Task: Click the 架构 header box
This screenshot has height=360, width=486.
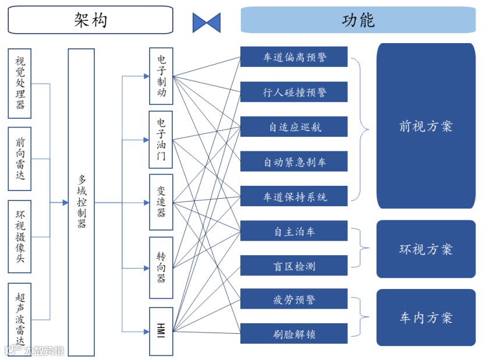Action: (91, 20)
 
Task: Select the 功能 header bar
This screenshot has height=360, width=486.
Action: (358, 20)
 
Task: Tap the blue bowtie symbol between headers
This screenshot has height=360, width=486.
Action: (207, 22)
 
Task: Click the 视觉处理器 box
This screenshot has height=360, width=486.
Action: (20, 83)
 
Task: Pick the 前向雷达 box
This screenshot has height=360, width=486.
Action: (20, 159)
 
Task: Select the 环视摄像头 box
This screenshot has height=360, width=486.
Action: (20, 237)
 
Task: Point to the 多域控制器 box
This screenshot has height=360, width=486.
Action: (81, 203)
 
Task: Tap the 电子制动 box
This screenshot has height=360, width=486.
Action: (161, 76)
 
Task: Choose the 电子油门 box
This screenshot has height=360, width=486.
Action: (161, 140)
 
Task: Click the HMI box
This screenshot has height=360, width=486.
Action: (161, 331)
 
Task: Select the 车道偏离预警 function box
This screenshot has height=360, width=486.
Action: (294, 57)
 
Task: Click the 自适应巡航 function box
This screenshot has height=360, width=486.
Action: (294, 127)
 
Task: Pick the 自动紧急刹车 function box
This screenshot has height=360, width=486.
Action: (294, 161)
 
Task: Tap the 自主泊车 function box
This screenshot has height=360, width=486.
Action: (294, 231)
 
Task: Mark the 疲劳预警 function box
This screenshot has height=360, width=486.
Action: (294, 299)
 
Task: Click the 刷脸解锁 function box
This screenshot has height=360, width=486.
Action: (294, 334)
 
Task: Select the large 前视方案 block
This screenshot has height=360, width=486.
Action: (425, 126)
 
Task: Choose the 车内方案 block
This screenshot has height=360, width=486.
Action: (425, 317)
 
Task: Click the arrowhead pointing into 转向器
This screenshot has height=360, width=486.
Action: (146, 268)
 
